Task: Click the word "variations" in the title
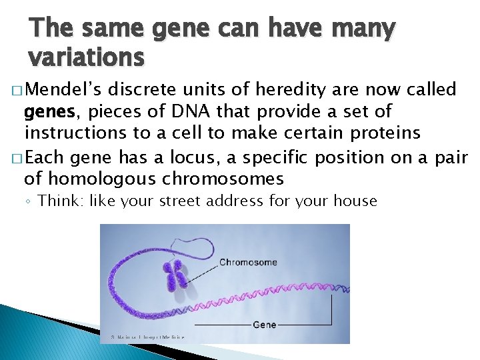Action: tap(86, 58)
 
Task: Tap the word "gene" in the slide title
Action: tap(178, 28)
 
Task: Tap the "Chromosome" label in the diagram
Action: tap(248, 262)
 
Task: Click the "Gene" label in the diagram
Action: tap(264, 325)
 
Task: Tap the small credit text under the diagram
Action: tap(143, 337)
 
